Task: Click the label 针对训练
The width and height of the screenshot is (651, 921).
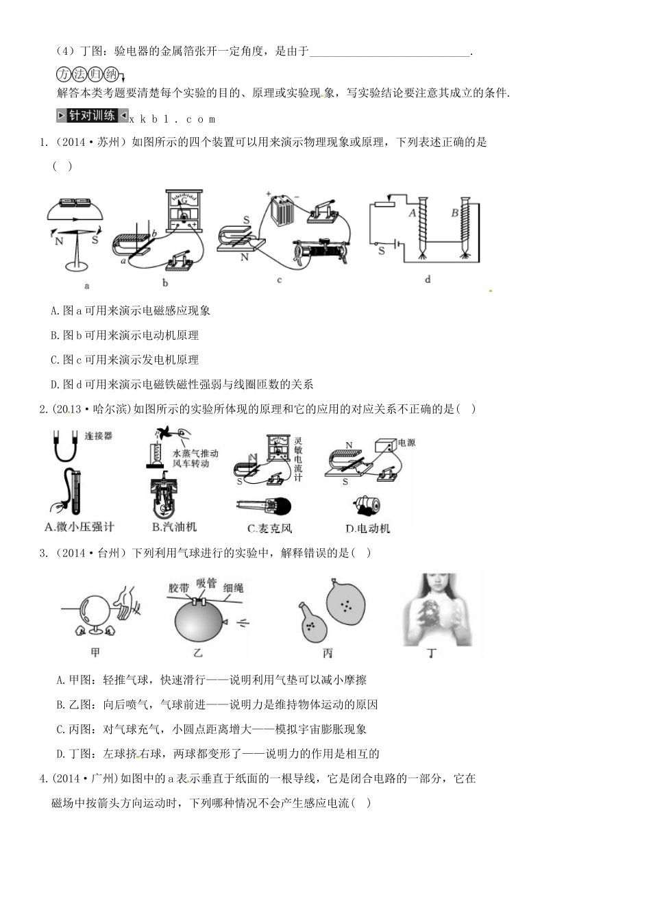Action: (92, 116)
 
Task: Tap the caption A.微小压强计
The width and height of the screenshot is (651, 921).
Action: (79, 526)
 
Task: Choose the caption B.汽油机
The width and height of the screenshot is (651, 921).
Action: (174, 526)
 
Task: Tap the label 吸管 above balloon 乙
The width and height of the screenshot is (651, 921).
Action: (206, 584)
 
